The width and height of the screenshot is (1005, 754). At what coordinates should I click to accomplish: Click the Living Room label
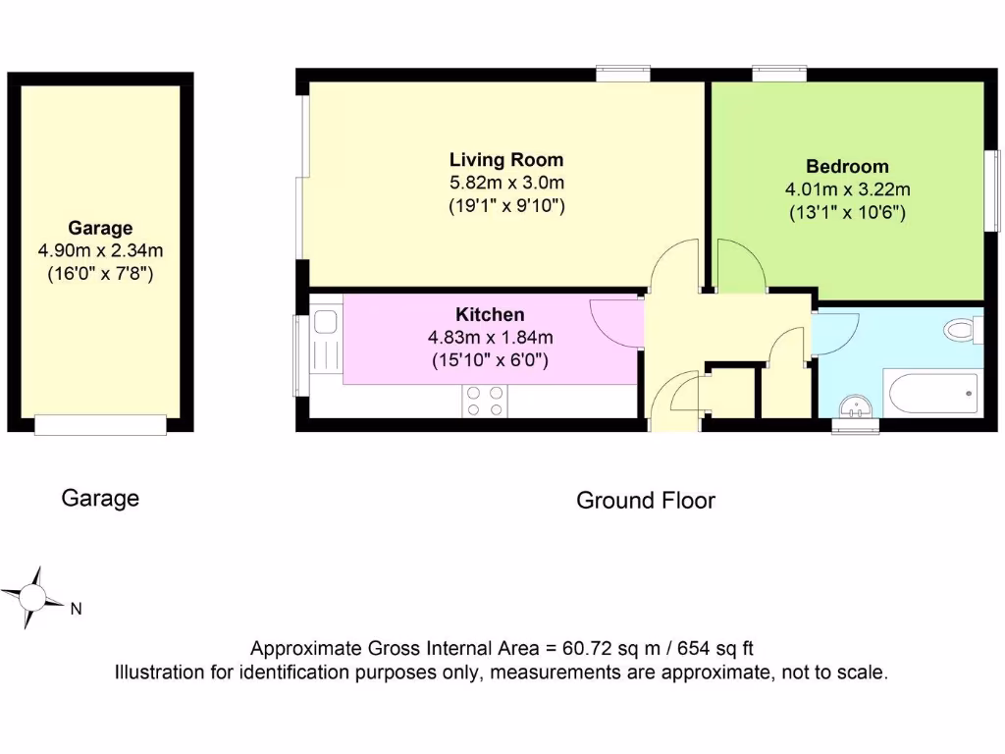[506, 159]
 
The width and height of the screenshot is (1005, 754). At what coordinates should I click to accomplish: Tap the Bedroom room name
[847, 166]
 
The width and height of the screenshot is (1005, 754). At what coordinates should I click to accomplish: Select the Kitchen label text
[490, 315]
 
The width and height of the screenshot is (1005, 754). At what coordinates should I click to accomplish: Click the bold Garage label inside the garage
[100, 229]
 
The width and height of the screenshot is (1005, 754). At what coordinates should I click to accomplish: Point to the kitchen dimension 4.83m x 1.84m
[490, 338]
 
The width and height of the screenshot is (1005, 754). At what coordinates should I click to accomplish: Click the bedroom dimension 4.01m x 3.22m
[847, 188]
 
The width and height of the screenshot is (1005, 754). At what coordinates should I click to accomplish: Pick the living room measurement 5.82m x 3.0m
[506, 183]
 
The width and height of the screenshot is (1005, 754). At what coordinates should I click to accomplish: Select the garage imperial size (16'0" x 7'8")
[100, 275]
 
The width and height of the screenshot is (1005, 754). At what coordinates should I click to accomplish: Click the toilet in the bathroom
[963, 329]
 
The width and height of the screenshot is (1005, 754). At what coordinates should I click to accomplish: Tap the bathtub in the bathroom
[933, 394]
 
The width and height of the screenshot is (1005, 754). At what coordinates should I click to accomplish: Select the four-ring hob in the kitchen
[484, 402]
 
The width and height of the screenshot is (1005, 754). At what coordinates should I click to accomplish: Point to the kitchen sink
[325, 323]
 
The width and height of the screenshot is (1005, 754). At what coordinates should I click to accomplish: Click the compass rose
[32, 596]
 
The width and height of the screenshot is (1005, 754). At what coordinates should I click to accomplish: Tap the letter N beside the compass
[76, 609]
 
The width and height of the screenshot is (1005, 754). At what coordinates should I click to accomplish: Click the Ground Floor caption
[645, 501]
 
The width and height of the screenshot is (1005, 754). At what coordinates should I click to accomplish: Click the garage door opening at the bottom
[100, 425]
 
